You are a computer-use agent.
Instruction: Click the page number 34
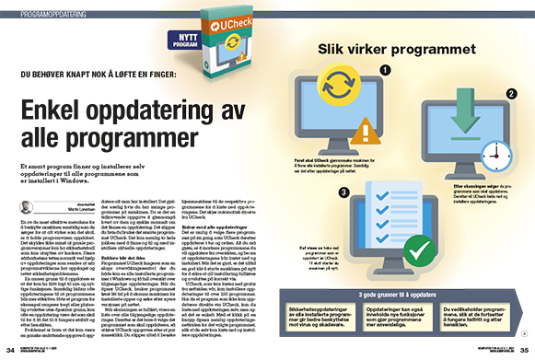click(x=9, y=351)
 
